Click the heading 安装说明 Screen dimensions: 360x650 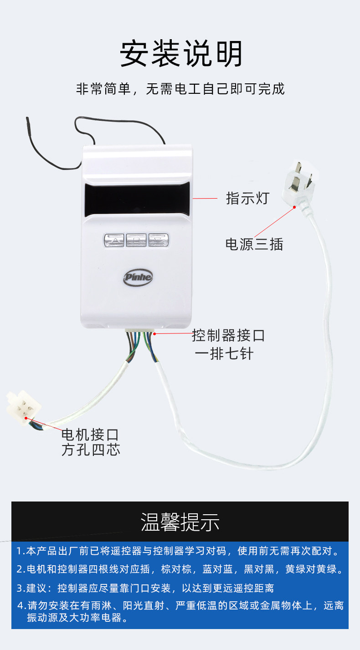(x=181, y=55)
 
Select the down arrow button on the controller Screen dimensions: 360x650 (x=158, y=240)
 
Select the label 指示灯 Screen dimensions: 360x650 (x=248, y=199)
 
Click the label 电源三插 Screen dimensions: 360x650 (x=254, y=244)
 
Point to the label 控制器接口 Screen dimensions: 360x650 (x=228, y=336)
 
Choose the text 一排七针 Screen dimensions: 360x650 (x=224, y=353)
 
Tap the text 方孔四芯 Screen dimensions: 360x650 (x=90, y=450)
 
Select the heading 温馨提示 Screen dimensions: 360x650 (x=180, y=522)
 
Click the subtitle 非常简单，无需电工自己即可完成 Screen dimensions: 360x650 (x=180, y=88)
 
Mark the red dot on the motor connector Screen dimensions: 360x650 (x=26, y=418)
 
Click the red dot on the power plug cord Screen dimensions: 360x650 (x=294, y=207)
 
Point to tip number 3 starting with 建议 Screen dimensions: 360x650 (x=146, y=588)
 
